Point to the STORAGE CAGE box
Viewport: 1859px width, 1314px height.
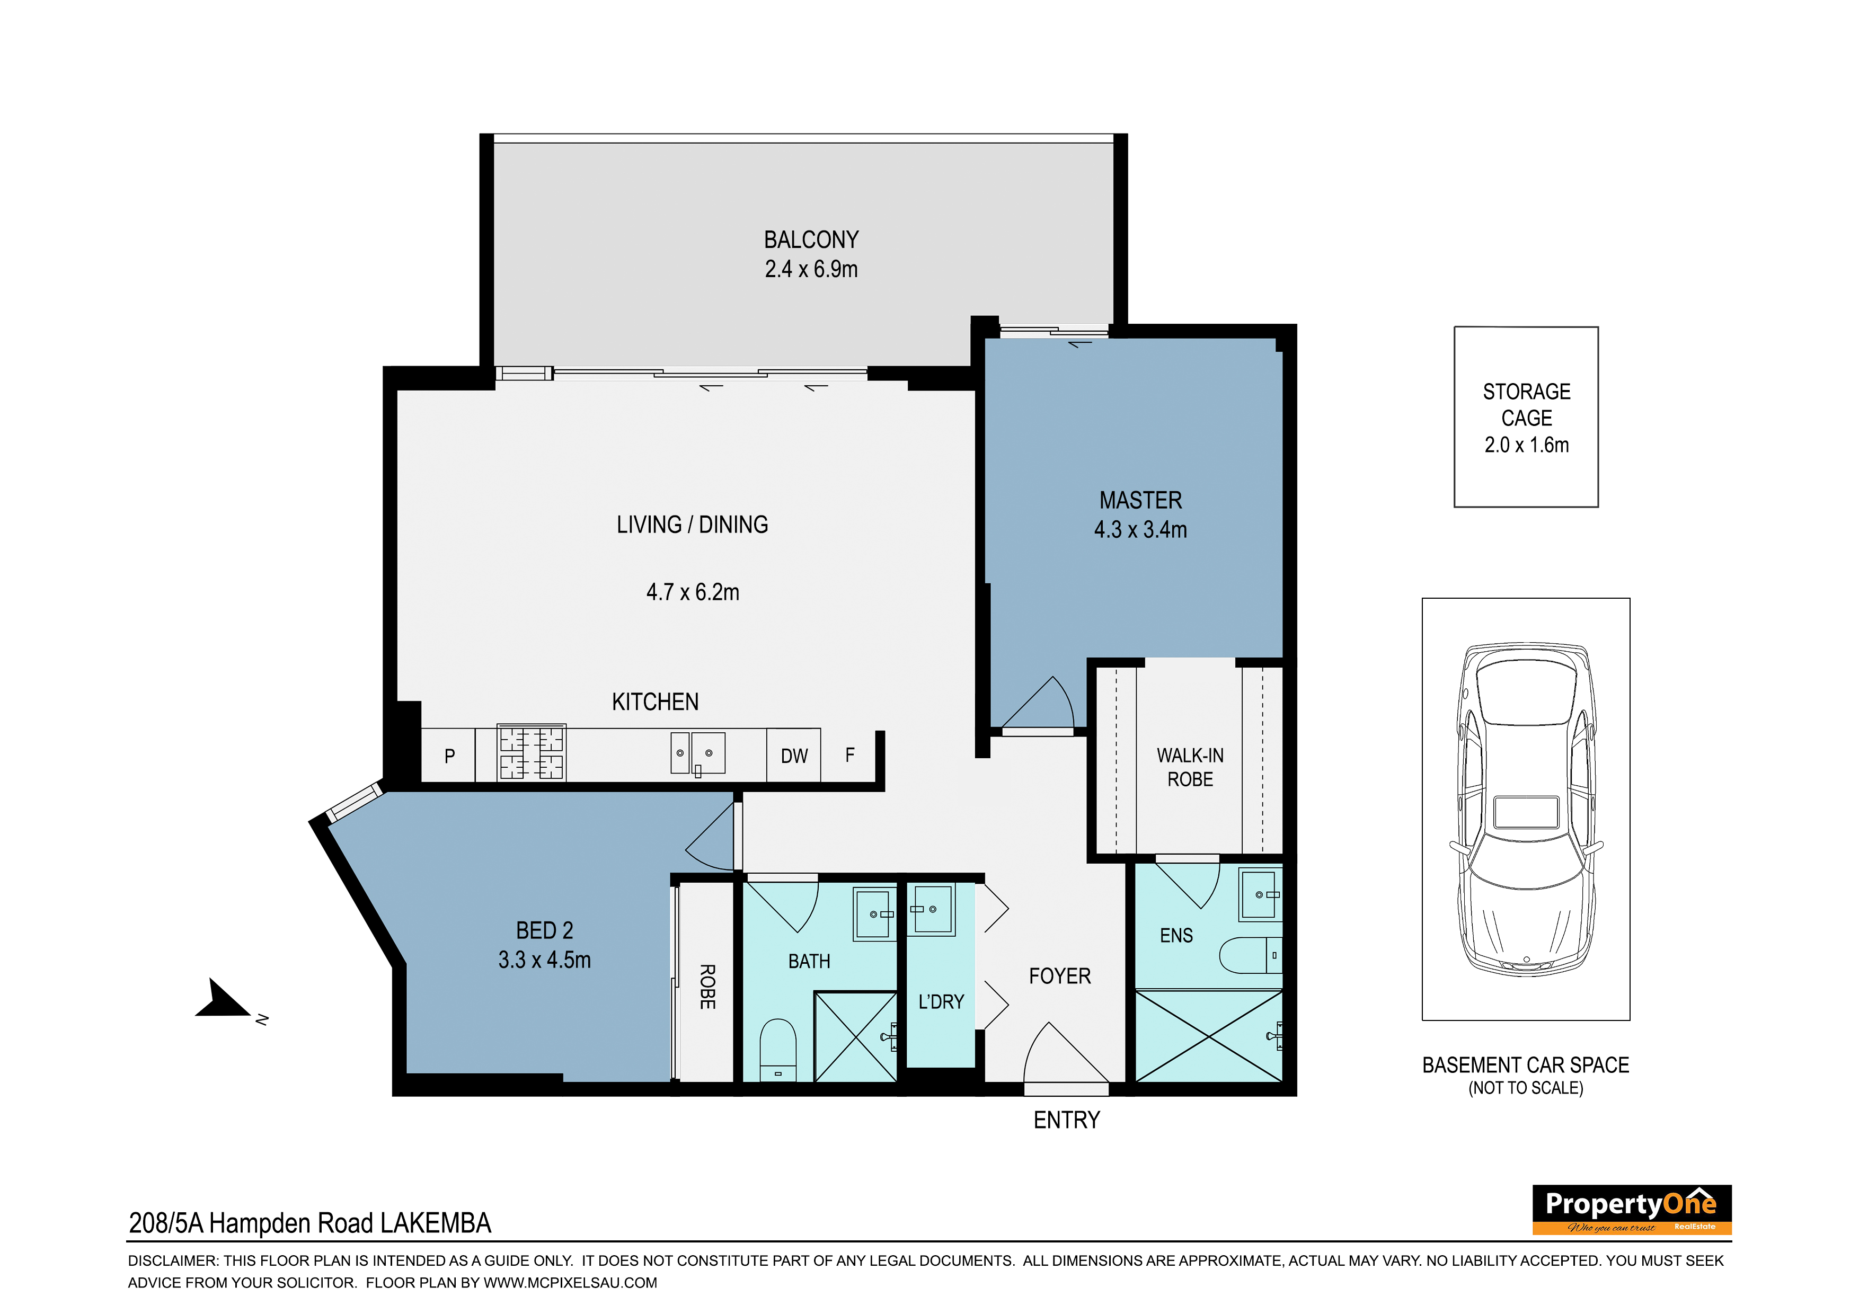(x=1526, y=417)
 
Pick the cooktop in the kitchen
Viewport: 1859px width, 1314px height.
(x=531, y=752)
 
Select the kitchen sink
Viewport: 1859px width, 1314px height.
(x=697, y=753)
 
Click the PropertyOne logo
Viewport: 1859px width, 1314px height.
(x=1632, y=1210)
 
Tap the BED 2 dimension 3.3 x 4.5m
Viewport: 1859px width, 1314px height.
(x=544, y=960)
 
